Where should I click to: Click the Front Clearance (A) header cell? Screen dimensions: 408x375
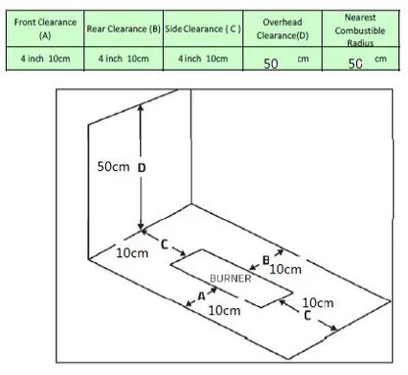pyautogui.click(x=45, y=28)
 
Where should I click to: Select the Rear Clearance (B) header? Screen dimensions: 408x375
pyautogui.click(x=124, y=28)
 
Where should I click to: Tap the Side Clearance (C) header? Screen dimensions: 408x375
pyautogui.click(x=203, y=28)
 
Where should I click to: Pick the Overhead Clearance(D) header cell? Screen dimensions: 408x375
pyautogui.click(x=282, y=28)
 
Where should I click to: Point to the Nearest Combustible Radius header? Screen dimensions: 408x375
pyautogui.click(x=361, y=28)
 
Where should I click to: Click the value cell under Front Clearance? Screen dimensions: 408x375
pyautogui.click(x=45, y=59)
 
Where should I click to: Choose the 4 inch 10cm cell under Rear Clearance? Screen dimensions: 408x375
pyautogui.click(x=124, y=59)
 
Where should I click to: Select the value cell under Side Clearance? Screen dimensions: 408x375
pyautogui.click(x=203, y=59)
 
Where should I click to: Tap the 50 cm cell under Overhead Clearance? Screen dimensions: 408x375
pyautogui.click(x=282, y=59)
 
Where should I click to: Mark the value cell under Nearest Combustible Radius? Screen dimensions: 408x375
pyautogui.click(x=361, y=59)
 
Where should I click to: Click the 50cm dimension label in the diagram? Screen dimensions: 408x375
pyautogui.click(x=114, y=166)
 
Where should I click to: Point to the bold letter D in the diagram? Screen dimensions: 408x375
pyautogui.click(x=141, y=168)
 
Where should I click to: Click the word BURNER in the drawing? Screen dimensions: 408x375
pyautogui.click(x=230, y=279)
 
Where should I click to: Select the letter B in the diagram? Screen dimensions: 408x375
pyautogui.click(x=266, y=260)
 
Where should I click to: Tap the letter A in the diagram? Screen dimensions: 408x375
pyautogui.click(x=202, y=296)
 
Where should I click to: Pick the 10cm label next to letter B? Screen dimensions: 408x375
pyautogui.click(x=285, y=269)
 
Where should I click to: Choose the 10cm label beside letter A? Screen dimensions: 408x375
pyautogui.click(x=225, y=310)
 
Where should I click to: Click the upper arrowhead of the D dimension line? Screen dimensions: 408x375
pyautogui.click(x=140, y=107)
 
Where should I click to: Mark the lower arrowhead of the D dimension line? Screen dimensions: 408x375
pyautogui.click(x=140, y=226)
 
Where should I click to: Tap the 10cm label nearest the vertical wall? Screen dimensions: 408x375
pyautogui.click(x=132, y=252)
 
